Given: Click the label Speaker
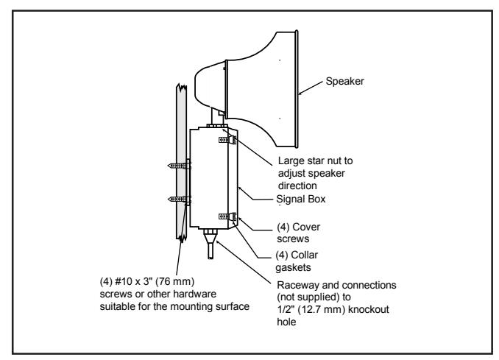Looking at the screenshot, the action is (x=344, y=81).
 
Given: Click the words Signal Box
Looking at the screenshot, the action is (x=301, y=199).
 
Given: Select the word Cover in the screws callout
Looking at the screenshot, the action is (x=306, y=227).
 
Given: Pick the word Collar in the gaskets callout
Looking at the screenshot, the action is (x=305, y=255).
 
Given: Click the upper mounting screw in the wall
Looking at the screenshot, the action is (x=180, y=166).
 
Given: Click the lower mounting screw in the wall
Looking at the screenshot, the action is (x=180, y=200).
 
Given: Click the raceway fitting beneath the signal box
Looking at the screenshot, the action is (x=210, y=244).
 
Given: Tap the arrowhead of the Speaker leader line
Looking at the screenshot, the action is (x=300, y=93).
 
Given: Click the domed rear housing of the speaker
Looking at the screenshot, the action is (x=210, y=85).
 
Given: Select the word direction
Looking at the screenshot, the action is (x=297, y=186).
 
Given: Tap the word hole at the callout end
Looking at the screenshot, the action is (x=286, y=322).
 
